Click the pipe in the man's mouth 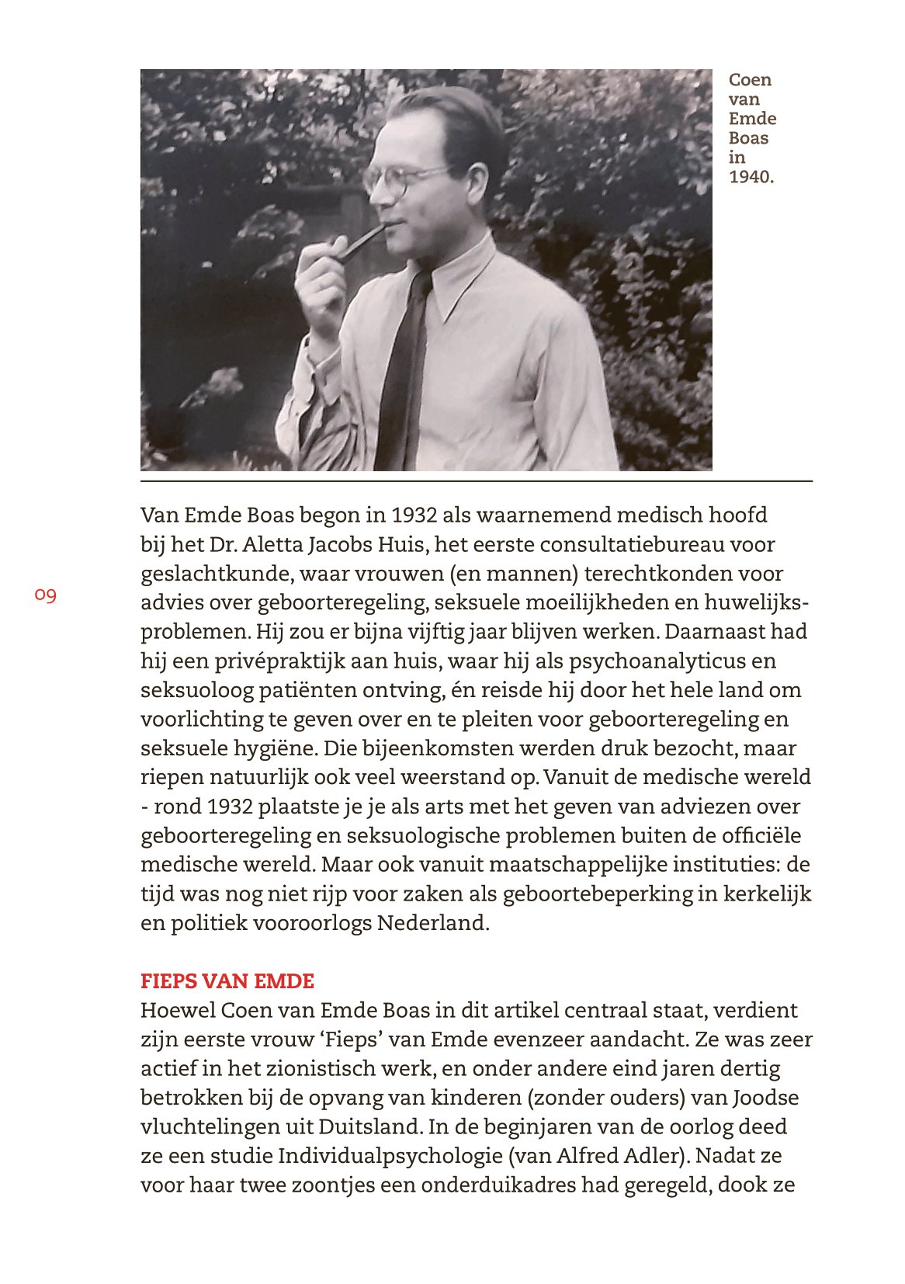(x=359, y=241)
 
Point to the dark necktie (x=402, y=373)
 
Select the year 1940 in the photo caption (x=750, y=177)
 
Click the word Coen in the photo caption (x=750, y=80)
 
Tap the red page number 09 (x=46, y=595)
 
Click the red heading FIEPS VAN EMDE (x=227, y=981)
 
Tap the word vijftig (x=424, y=632)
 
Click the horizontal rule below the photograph (x=476, y=482)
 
